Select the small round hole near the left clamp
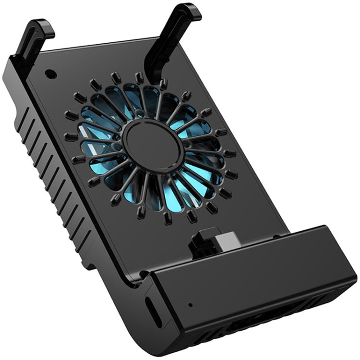[49, 75]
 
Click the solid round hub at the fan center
[152, 145]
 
